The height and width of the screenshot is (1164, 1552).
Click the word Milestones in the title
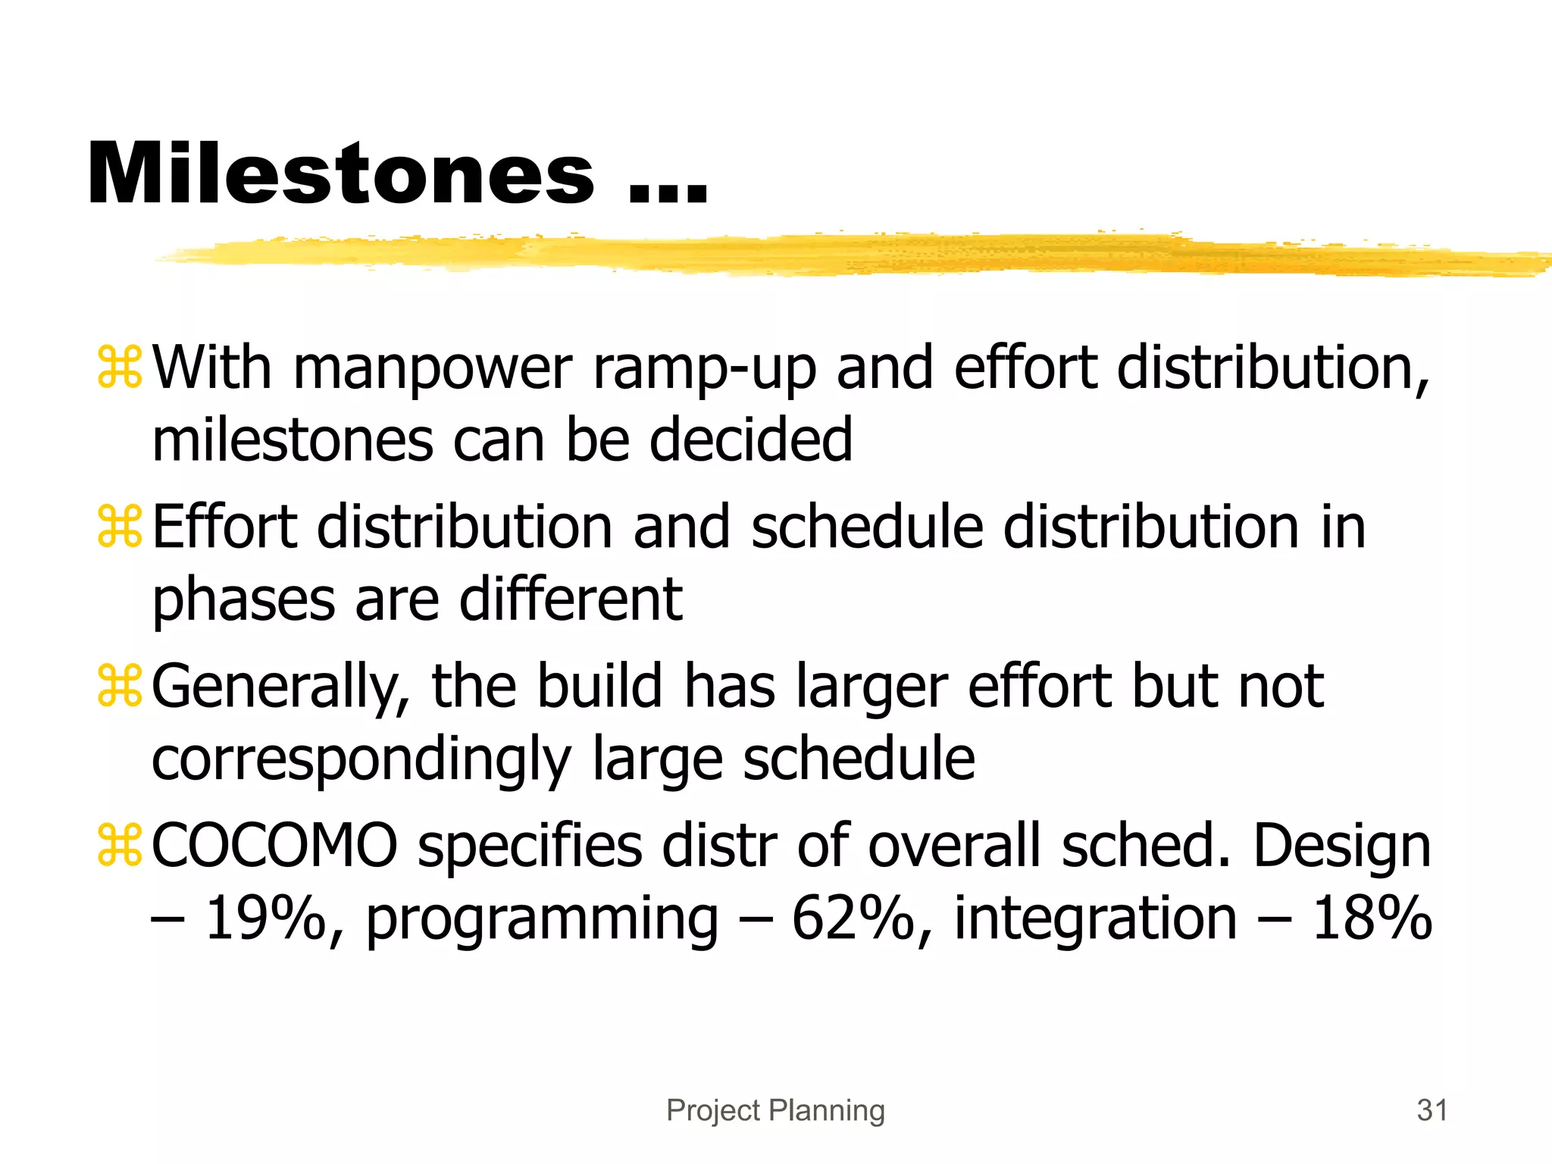(341, 174)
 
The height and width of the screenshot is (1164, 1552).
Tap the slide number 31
(1432, 1110)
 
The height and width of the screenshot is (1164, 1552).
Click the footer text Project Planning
(775, 1110)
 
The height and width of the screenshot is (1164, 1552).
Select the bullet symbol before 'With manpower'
(120, 368)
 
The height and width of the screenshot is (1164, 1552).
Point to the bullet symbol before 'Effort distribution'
(120, 527)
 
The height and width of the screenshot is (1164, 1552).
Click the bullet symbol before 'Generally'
(120, 686)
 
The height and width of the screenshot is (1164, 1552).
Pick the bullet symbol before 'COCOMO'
(120, 845)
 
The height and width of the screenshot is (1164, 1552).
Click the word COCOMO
(274, 845)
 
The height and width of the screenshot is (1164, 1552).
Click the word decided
(751, 440)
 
